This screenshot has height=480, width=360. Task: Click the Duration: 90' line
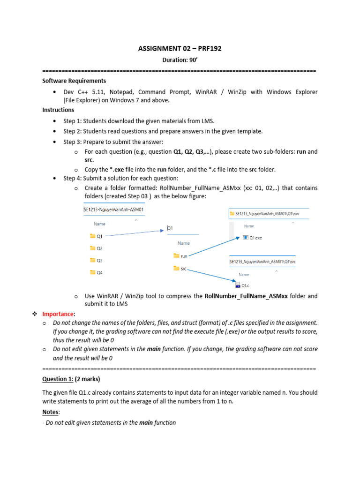[180, 60]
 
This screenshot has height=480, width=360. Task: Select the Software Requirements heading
[74, 81]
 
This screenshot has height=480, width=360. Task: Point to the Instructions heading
[58, 110]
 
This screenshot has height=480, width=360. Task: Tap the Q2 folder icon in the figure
[92, 248]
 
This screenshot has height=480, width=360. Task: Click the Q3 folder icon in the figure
[92, 260]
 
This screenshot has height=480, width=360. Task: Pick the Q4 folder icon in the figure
[92, 272]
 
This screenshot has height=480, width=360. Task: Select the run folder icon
[176, 256]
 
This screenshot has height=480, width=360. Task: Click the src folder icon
[176, 268]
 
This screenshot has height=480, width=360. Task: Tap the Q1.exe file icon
[246, 238]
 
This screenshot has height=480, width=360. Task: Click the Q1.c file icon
[238, 285]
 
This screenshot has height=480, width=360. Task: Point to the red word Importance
[58, 314]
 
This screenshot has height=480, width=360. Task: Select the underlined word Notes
[51, 412]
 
